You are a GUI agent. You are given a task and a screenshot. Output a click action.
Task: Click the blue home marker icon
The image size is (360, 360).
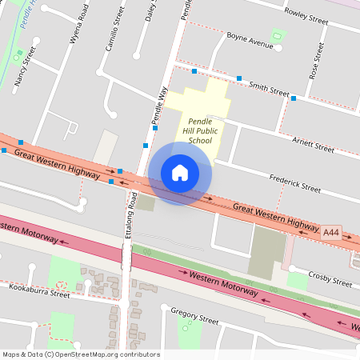pos(180,173)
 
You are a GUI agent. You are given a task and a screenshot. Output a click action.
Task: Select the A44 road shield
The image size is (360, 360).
pos(331,233)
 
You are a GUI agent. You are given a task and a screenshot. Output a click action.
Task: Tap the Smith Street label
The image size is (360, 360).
pos(268,88)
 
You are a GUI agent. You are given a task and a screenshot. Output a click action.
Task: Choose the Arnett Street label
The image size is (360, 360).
pos(313,146)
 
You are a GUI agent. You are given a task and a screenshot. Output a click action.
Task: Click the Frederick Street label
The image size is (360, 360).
pos(294,183)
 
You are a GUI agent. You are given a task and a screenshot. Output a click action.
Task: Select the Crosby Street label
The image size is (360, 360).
pos(330,280)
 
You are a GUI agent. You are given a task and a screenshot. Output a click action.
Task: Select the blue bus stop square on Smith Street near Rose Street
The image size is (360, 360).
pos(294,98)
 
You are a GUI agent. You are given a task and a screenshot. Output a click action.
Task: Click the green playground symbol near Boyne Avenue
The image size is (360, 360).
pos(278,36)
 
